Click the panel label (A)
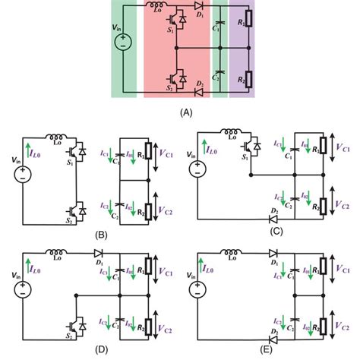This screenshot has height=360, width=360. (182, 110)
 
